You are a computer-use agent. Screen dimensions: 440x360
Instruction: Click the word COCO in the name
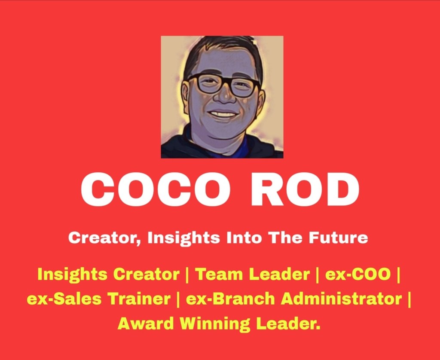tap(156, 189)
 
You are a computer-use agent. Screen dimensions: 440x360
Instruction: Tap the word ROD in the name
tap(305, 189)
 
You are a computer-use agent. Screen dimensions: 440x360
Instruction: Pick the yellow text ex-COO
tap(358, 274)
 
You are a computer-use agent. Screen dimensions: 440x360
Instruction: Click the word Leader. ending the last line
tap(288, 324)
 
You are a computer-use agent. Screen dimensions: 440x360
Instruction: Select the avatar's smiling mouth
tap(223, 114)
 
